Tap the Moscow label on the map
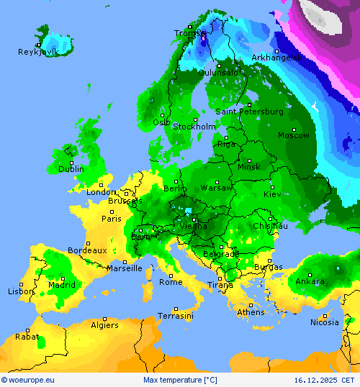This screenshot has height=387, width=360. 294,135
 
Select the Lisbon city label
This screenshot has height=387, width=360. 21,291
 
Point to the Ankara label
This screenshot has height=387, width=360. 310,281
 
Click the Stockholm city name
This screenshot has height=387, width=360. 194,127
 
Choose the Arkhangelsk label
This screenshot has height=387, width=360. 276,58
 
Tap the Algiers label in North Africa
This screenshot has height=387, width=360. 104,325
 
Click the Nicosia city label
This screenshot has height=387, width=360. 324,322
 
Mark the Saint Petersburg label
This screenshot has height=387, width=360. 249,111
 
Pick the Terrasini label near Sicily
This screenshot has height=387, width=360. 176,316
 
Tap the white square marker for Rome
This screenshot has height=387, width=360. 171,275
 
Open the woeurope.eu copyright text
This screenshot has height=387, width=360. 28,380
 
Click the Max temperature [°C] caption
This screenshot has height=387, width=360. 180,380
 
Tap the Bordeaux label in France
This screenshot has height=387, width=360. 87,250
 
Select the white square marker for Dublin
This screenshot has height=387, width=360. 71,161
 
